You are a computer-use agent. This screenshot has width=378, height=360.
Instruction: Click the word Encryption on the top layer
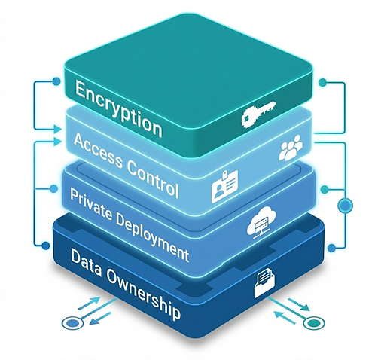pyautogui.click(x=119, y=108)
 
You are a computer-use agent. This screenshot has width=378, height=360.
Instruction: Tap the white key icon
pyautogui.click(x=258, y=113)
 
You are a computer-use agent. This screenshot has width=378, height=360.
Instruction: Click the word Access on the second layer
pyautogui.click(x=98, y=151)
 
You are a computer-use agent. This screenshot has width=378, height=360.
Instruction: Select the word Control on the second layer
pyautogui.click(x=153, y=178)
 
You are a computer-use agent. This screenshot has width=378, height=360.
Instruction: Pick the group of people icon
pyautogui.click(x=291, y=148)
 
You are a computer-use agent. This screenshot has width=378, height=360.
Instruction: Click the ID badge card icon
pyautogui.click(x=224, y=186)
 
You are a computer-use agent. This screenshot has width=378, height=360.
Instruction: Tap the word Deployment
pyautogui.click(x=152, y=237)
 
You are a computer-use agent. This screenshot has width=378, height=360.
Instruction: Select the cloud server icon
pyautogui.click(x=261, y=222)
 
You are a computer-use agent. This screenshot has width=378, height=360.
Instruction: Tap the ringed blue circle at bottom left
pyautogui.click(x=72, y=322)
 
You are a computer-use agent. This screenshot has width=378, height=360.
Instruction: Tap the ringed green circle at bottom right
pyautogui.click(x=314, y=322)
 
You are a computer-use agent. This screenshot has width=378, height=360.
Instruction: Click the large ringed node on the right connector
pyautogui.click(x=346, y=206)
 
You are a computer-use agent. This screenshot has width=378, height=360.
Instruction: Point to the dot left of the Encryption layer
pyautogui.click(x=56, y=81)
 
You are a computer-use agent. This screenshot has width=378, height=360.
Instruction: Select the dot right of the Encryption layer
pyautogui.click(x=322, y=82)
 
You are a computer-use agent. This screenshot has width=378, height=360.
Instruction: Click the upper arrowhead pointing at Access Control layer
pyautogui.click(x=58, y=130)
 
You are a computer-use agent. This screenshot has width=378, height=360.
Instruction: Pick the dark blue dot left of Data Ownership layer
pyautogui.click(x=46, y=246)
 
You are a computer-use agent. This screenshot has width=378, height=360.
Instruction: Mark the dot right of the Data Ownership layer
pyautogui.click(x=331, y=248)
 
